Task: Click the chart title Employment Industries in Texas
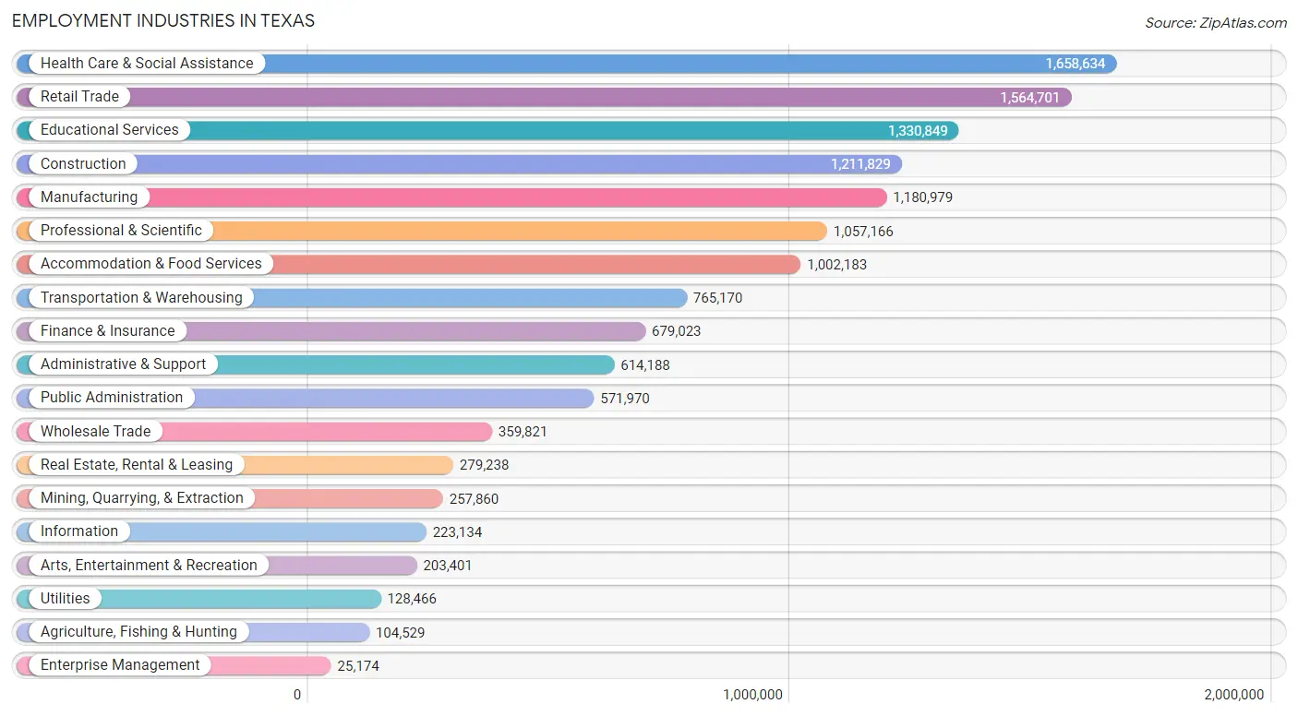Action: pyautogui.click(x=163, y=20)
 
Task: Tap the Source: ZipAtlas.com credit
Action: pyautogui.click(x=1216, y=23)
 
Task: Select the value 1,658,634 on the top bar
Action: pyautogui.click(x=1075, y=64)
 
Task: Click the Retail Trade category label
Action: pyautogui.click(x=79, y=97)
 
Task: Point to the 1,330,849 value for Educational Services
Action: pyautogui.click(x=918, y=131)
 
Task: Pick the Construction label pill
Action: pyautogui.click(x=83, y=164)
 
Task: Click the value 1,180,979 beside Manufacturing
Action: pyautogui.click(x=923, y=197)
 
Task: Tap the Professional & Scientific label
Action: pyautogui.click(x=121, y=231)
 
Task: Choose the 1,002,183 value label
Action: pyautogui.click(x=836, y=265)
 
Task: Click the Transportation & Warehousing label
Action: pyautogui.click(x=141, y=298)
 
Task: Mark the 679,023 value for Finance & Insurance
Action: pyautogui.click(x=676, y=331)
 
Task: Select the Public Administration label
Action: pyautogui.click(x=112, y=398)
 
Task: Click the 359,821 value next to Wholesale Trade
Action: pyautogui.click(x=523, y=432)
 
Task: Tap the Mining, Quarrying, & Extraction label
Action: pyautogui.click(x=142, y=498)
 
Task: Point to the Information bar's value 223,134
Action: pyautogui.click(x=457, y=532)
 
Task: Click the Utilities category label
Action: pyautogui.click(x=66, y=599)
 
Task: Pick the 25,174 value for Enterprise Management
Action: pyautogui.click(x=358, y=666)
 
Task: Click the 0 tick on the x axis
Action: pyautogui.click(x=297, y=695)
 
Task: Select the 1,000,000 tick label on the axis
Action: pyautogui.click(x=753, y=695)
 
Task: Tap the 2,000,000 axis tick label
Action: pyautogui.click(x=1233, y=695)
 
